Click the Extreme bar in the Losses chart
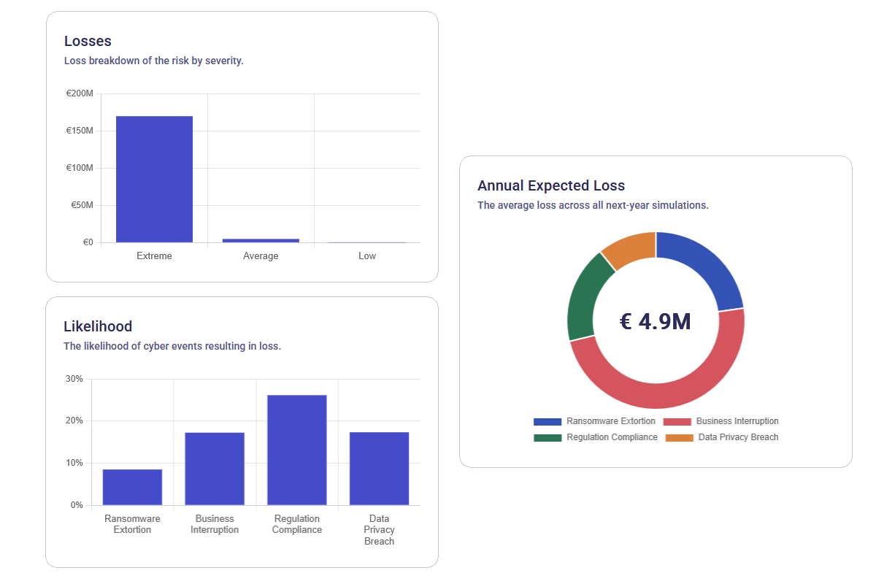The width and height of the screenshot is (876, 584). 154,179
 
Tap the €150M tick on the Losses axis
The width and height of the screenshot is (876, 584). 80,131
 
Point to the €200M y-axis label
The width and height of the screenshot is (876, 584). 80,93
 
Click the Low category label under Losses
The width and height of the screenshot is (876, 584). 367,256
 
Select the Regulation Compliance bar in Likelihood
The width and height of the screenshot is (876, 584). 297,450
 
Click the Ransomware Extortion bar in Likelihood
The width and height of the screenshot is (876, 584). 132,487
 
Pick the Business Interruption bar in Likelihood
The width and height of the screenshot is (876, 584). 215,469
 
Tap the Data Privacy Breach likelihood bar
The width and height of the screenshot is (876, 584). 379,469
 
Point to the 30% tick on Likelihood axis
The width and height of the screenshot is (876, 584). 74,379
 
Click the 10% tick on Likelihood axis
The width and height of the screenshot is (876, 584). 74,463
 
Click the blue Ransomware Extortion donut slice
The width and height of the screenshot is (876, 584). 705,267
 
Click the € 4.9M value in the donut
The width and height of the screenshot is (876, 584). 655,321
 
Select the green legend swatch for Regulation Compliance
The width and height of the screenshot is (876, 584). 547,438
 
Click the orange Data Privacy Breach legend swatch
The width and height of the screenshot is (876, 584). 679,438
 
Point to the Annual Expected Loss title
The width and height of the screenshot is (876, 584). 551,185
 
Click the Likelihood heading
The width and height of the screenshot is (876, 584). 98,326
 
